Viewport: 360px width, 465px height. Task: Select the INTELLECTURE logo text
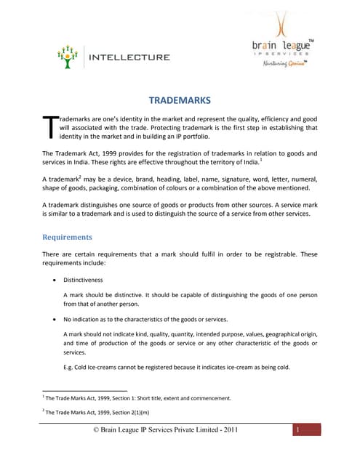(x=129, y=57)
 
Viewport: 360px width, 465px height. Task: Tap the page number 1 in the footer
(x=297, y=431)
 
